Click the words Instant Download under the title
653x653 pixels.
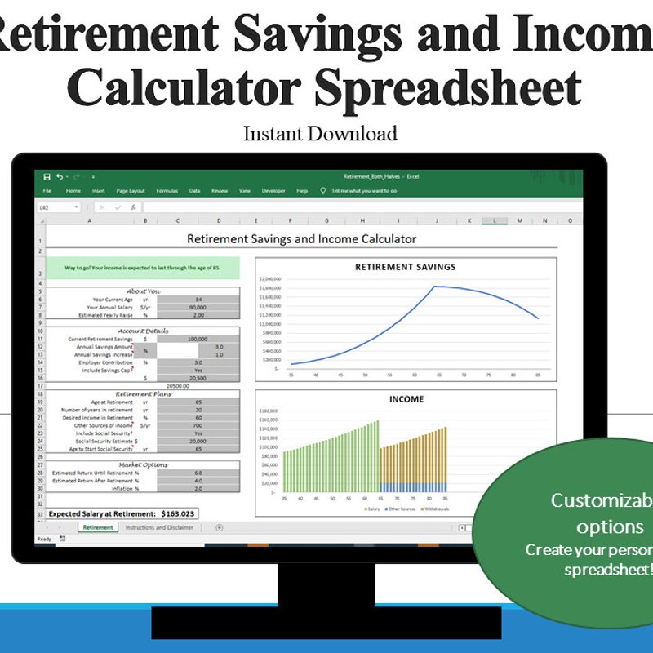(x=320, y=134)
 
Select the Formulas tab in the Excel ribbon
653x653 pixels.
(x=167, y=191)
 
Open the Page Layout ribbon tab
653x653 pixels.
(x=131, y=191)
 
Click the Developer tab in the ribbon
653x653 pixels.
(x=273, y=191)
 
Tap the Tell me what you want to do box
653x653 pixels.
(x=364, y=191)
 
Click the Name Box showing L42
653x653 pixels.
(x=57, y=207)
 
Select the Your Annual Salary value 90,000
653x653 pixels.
(x=198, y=308)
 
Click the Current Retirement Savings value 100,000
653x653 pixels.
(x=198, y=339)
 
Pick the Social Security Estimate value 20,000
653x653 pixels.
(x=198, y=441)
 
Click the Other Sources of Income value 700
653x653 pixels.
(x=198, y=425)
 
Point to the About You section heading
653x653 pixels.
(x=143, y=291)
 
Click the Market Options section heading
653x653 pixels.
(x=143, y=464)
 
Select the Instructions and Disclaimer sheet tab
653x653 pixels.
(x=159, y=527)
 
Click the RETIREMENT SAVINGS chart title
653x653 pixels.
(x=405, y=267)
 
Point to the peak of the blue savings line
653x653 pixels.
(x=435, y=287)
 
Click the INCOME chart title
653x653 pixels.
(x=405, y=399)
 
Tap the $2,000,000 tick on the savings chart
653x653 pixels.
(x=270, y=279)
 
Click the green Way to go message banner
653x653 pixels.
(x=143, y=268)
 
